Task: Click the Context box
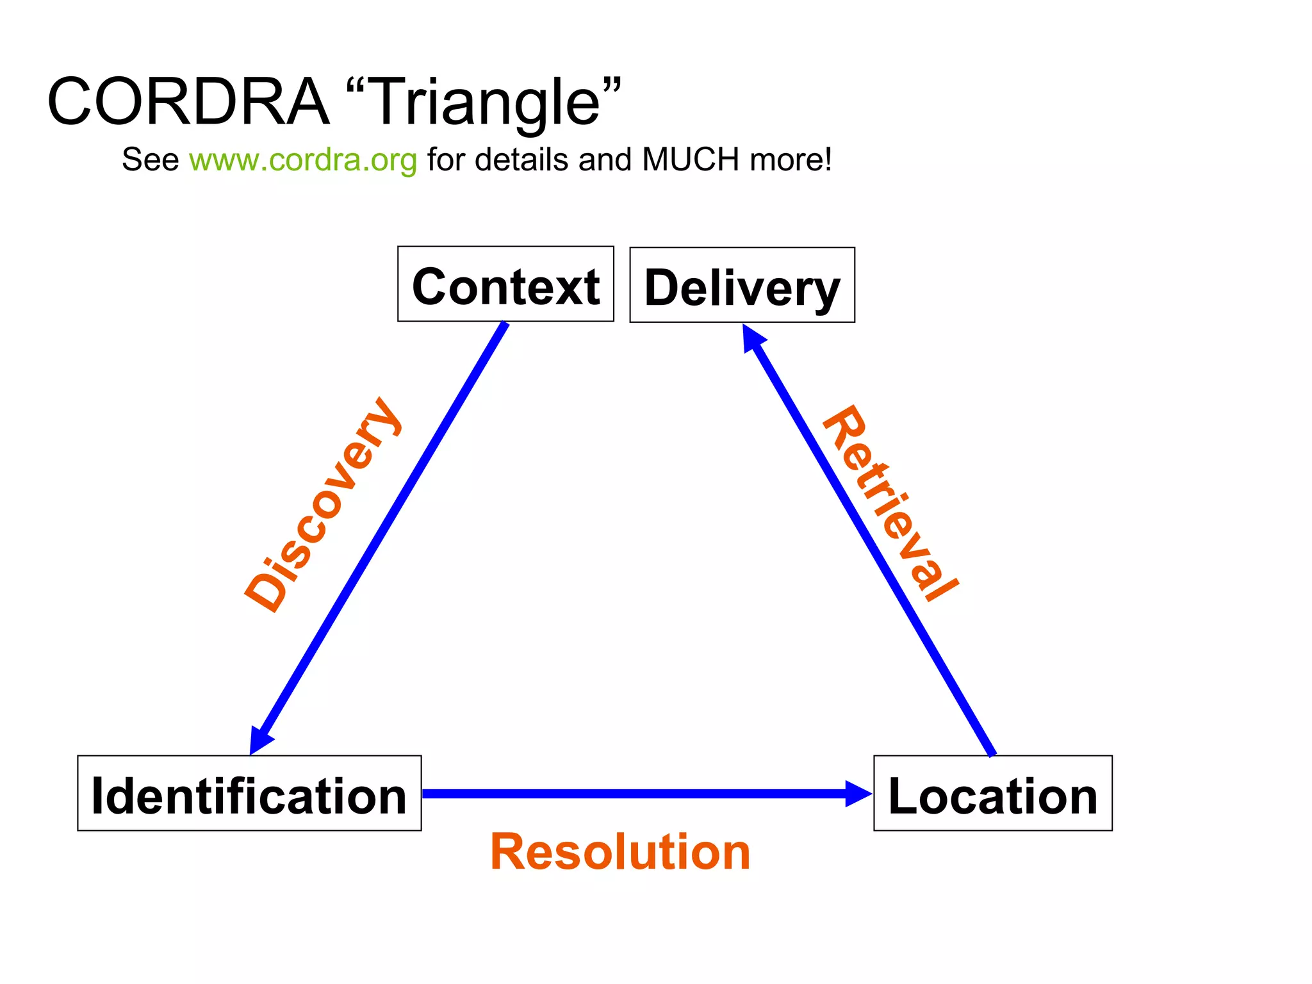[505, 284]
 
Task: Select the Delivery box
[742, 285]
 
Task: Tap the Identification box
[249, 793]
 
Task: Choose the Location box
[992, 793]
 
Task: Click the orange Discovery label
[324, 505]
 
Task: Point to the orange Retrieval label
[890, 504]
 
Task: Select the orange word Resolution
[620, 852]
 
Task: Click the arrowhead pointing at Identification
[259, 740]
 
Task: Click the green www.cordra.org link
[303, 160]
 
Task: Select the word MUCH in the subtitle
[691, 160]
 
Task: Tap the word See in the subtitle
[150, 160]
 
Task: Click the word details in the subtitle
[521, 160]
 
